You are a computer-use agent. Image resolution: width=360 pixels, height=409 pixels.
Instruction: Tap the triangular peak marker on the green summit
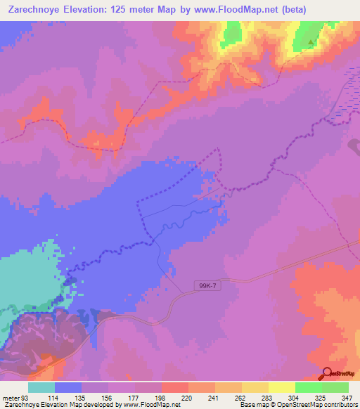pos(311,43)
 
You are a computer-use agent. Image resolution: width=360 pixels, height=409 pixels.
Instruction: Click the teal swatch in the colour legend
pos(41,387)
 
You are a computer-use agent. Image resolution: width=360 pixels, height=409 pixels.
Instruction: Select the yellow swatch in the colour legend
pos(282,387)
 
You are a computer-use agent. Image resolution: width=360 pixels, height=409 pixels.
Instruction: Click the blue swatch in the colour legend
pos(68,387)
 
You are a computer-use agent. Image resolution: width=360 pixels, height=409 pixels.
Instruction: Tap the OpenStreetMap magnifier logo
pos(326,374)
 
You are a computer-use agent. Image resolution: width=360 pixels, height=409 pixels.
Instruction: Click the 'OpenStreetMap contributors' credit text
pos(328,404)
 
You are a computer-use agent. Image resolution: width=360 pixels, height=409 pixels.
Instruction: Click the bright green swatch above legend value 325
pos(309,387)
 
